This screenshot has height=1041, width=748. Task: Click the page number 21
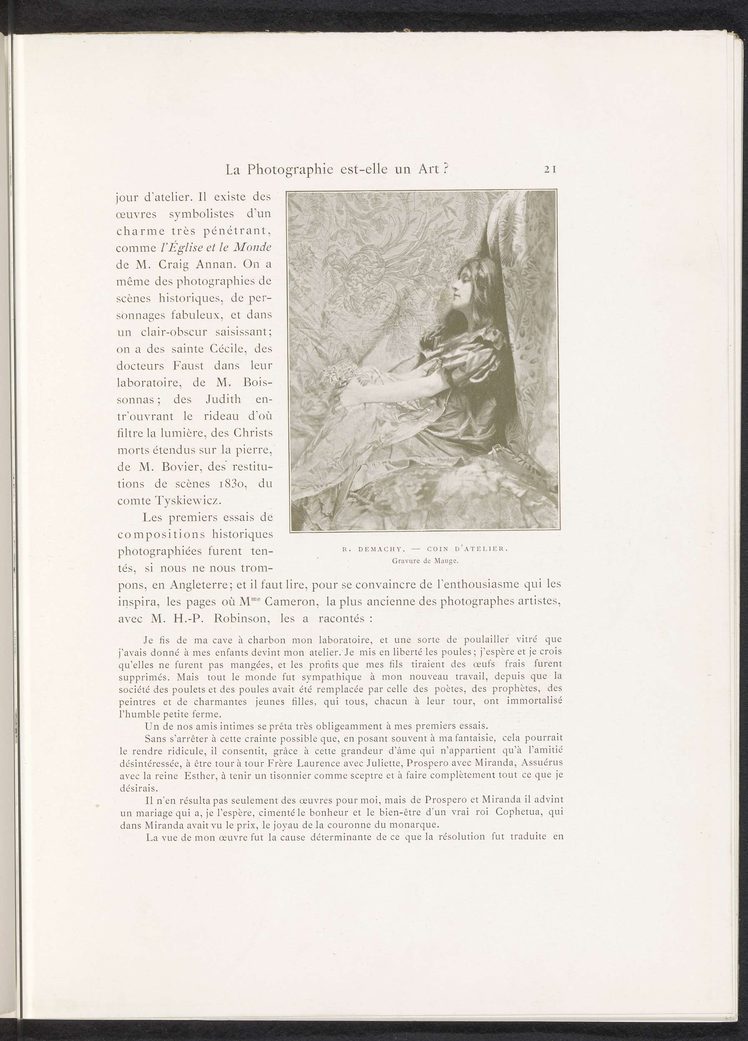pyautogui.click(x=550, y=169)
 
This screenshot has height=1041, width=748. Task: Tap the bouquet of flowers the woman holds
pyautogui.click(x=337, y=376)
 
